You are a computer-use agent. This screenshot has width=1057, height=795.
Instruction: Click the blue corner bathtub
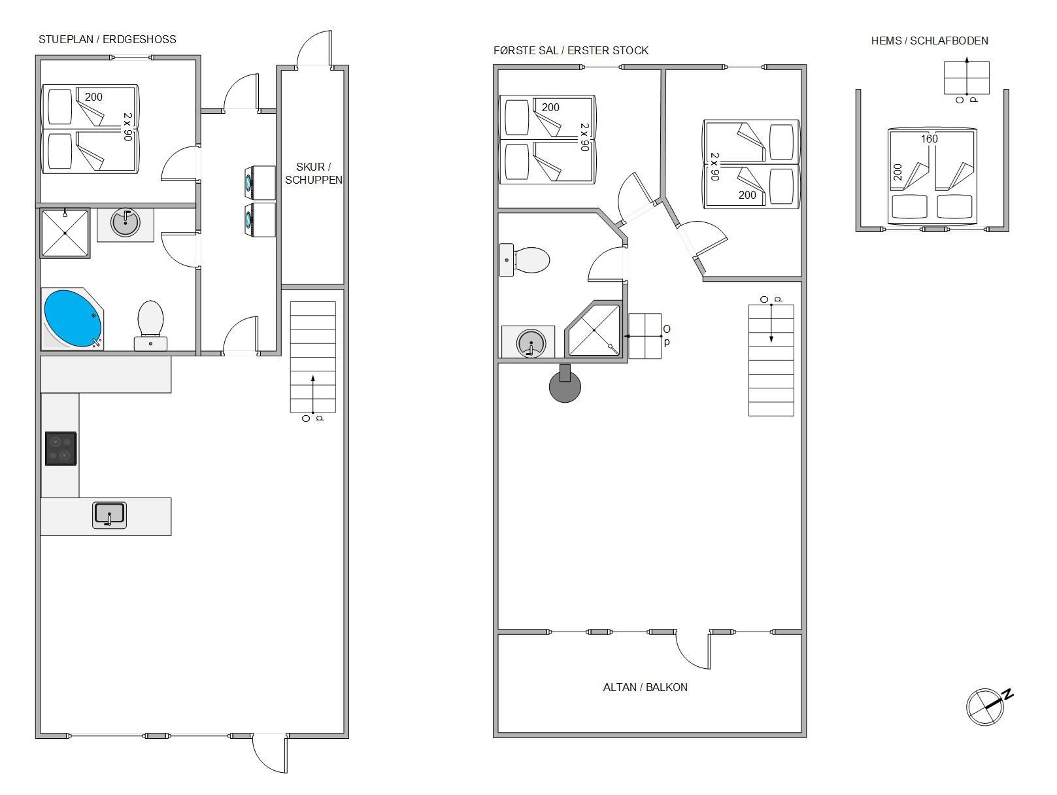coord(73,319)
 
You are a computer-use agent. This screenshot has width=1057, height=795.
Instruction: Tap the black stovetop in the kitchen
coord(61,448)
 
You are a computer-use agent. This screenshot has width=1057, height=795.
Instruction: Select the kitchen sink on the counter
coord(109,515)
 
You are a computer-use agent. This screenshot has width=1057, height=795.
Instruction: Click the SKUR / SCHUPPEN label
coord(314,173)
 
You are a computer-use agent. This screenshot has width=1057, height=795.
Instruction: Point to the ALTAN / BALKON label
coord(645,687)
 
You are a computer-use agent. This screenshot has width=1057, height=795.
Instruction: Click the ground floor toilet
coord(151,326)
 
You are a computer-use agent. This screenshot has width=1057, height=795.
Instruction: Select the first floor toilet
coord(524,260)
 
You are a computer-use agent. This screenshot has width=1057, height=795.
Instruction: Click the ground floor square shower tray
coord(65,233)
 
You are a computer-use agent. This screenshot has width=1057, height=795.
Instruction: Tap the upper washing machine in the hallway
coord(260,183)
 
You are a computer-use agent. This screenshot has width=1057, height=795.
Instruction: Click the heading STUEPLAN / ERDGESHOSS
coord(107,39)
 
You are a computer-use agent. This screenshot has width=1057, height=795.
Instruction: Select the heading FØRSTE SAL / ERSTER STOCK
coord(571,50)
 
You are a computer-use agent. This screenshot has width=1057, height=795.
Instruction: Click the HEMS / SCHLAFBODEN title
coord(930,41)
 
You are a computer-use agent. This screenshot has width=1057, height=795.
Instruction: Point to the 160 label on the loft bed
coord(929,139)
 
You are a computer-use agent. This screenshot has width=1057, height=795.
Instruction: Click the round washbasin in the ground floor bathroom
coord(126,222)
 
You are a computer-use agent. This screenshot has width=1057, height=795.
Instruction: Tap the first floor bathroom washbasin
coord(531,343)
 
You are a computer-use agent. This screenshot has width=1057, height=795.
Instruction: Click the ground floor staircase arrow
coord(313,394)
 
